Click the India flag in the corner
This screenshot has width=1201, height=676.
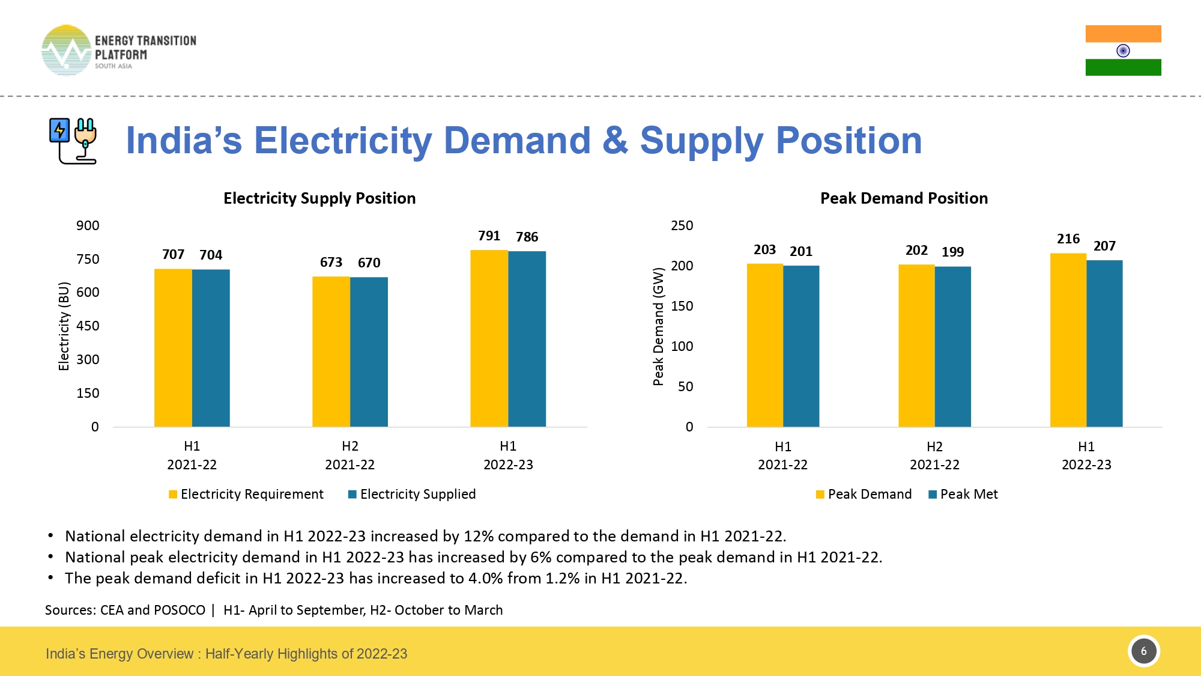pyautogui.click(x=1123, y=50)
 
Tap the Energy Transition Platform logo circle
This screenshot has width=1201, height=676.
pyautogui.click(x=66, y=50)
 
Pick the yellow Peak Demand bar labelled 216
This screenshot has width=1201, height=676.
pyautogui.click(x=1068, y=340)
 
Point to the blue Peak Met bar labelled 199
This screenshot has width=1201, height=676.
pyautogui.click(x=952, y=347)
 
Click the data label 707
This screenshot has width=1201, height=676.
pyautogui.click(x=173, y=255)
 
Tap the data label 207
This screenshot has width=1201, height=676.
pyautogui.click(x=1104, y=246)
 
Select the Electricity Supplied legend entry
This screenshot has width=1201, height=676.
pyautogui.click(x=412, y=494)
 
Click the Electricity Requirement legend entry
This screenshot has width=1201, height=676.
pyautogui.click(x=246, y=494)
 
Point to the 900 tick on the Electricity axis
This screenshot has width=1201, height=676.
pyautogui.click(x=88, y=226)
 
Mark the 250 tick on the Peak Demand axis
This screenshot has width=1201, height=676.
pyautogui.click(x=682, y=226)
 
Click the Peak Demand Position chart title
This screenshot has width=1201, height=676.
pyautogui.click(x=904, y=198)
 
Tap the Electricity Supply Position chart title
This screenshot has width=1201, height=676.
pyautogui.click(x=319, y=198)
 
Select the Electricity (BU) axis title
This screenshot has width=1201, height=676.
pyautogui.click(x=64, y=326)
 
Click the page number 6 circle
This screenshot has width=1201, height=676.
pyautogui.click(x=1143, y=651)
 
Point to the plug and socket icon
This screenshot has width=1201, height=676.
pyautogui.click(x=73, y=141)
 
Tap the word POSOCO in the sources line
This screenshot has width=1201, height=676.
pyautogui.click(x=180, y=610)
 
